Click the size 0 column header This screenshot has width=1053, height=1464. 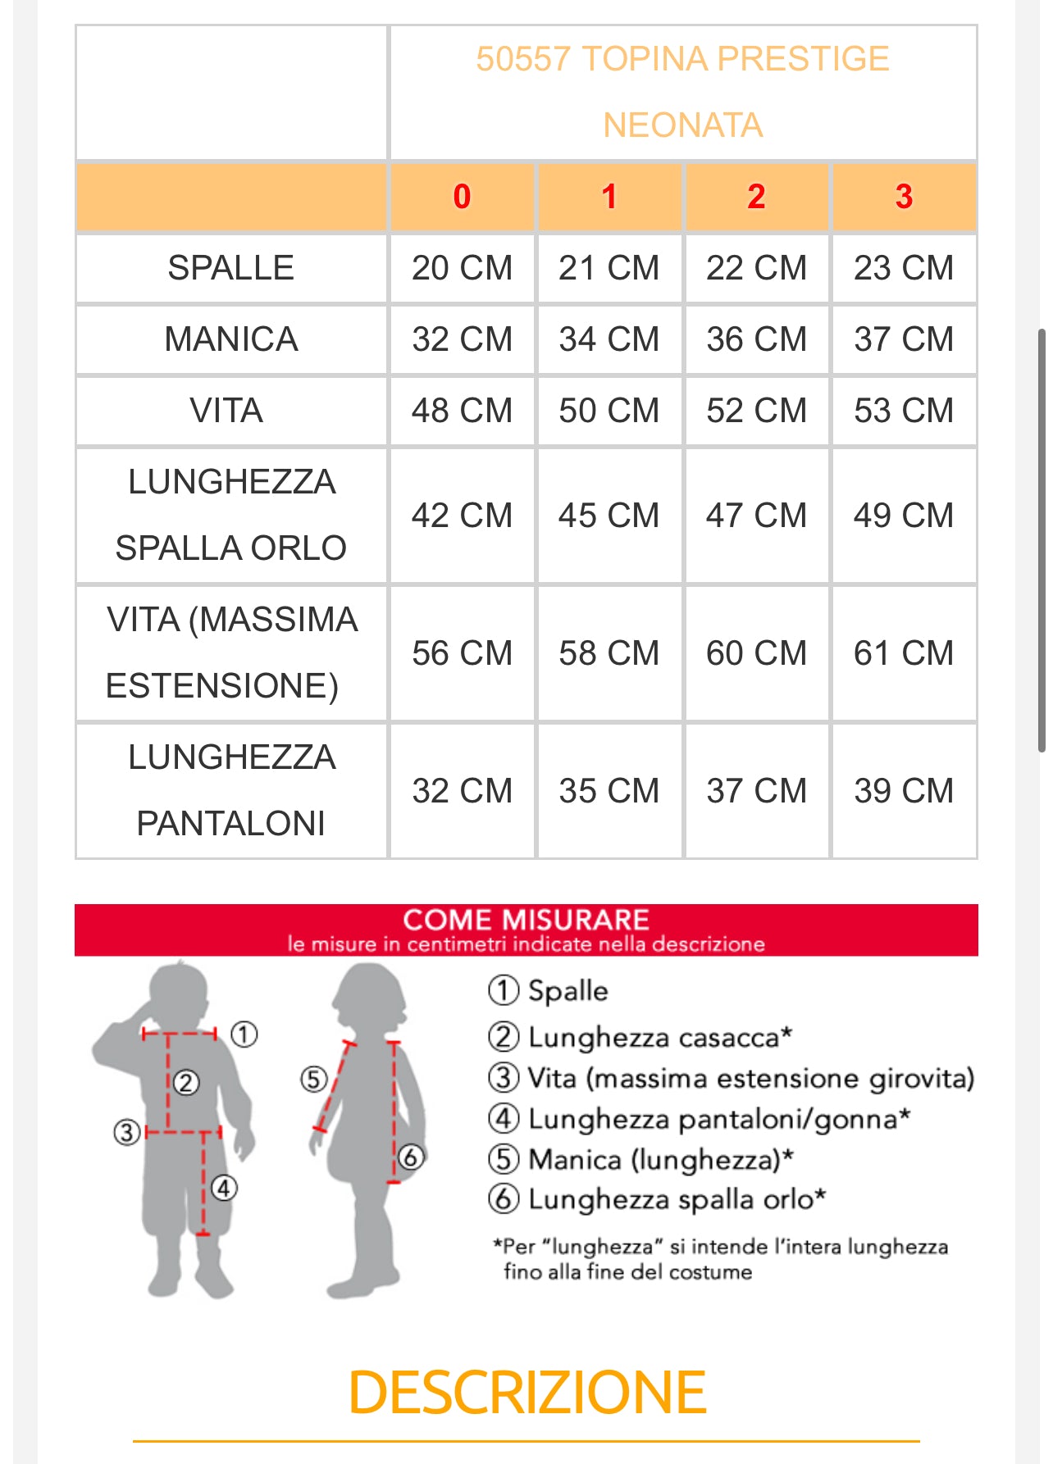(462, 197)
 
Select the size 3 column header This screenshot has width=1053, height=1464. (904, 197)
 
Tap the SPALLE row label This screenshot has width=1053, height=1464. (230, 268)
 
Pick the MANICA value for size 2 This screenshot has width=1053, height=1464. (756, 339)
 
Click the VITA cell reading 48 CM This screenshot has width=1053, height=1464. (462, 411)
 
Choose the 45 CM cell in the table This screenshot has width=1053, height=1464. (609, 516)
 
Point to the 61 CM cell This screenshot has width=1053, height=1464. (904, 653)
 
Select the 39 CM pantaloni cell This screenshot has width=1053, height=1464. (904, 791)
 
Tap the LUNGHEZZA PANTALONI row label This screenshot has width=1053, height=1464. (231, 790)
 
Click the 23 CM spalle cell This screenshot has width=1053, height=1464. (904, 268)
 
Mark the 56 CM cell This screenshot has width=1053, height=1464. (462, 653)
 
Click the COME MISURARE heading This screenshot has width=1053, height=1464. (526, 920)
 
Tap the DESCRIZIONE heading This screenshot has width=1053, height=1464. (526, 1393)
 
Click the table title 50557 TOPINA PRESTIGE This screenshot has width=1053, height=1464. (682, 59)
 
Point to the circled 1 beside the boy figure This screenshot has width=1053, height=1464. (244, 1034)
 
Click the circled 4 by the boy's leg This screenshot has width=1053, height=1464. (224, 1187)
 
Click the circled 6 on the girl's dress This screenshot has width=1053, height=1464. (410, 1157)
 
